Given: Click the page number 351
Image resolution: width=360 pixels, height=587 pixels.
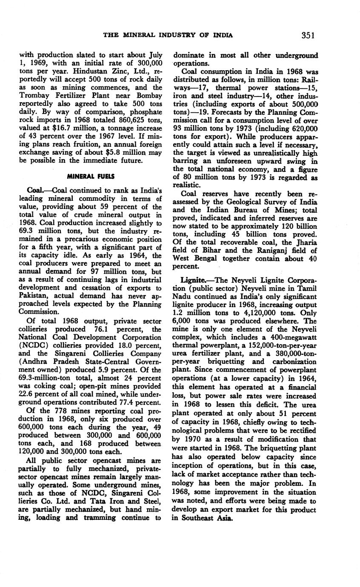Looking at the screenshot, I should [308, 35].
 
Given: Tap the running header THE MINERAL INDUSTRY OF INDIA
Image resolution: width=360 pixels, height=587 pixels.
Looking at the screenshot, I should [168, 35].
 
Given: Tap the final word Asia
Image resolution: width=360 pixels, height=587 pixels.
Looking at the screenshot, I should [224, 518].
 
